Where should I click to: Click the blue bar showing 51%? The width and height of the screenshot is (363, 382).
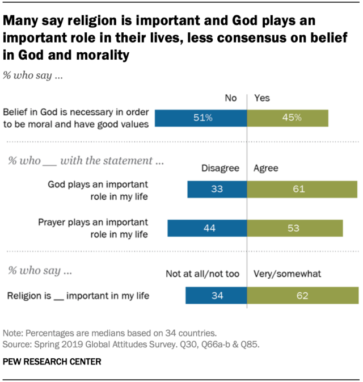pos(201,117)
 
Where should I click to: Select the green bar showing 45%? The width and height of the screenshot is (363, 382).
pos(288,117)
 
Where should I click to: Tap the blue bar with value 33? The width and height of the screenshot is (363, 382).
pos(217,189)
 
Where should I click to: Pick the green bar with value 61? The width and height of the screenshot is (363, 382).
pos(302,189)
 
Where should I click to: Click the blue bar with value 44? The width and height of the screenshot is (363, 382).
pos(207,228)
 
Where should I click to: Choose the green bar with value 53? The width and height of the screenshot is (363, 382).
pos(295,228)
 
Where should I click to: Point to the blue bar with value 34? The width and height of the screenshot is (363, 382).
pos(216,295)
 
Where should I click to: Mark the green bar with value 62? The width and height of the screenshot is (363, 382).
pos(303,295)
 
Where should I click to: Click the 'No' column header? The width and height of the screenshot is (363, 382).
pos(230,98)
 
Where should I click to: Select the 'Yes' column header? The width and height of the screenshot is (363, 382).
pos(262,98)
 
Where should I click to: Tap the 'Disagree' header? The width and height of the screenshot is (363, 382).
pos(220,169)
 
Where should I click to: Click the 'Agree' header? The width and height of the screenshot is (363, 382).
pos(265,169)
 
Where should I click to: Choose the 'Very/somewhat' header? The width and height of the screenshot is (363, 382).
pos(288,274)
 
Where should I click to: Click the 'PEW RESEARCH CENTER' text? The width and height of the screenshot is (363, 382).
pos(52,362)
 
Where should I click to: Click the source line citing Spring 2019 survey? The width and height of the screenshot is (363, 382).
pos(131,343)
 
